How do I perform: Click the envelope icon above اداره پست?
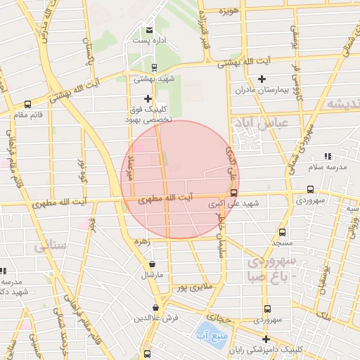pyautogui.click(x=149, y=30)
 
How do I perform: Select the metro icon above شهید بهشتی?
pyautogui.click(x=153, y=67)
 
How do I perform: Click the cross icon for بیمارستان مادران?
pyautogui.click(x=262, y=79)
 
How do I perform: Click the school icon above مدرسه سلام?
pyautogui.click(x=327, y=156)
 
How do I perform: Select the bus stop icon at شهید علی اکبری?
pyautogui.click(x=233, y=193)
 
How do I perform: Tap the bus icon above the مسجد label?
pyautogui.click(x=282, y=232)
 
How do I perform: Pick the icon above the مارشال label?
pyautogui.click(x=153, y=264)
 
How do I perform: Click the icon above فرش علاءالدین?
pyautogui.click(x=155, y=308)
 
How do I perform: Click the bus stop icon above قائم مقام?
pyautogui.click(x=27, y=104)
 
